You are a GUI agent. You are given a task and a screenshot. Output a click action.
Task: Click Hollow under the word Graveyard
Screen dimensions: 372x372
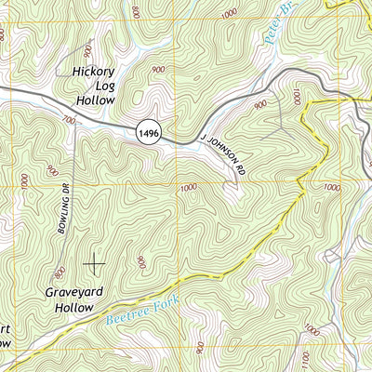coord(74,306)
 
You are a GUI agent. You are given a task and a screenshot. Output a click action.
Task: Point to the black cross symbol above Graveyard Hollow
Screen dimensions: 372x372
coord(95,264)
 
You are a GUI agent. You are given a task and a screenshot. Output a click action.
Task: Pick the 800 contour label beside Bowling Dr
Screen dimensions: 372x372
coord(59,272)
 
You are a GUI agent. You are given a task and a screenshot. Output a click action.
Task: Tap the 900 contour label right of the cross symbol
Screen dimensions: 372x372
coord(140,263)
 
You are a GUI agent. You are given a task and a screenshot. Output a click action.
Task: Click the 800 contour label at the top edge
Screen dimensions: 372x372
coord(138,12)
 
